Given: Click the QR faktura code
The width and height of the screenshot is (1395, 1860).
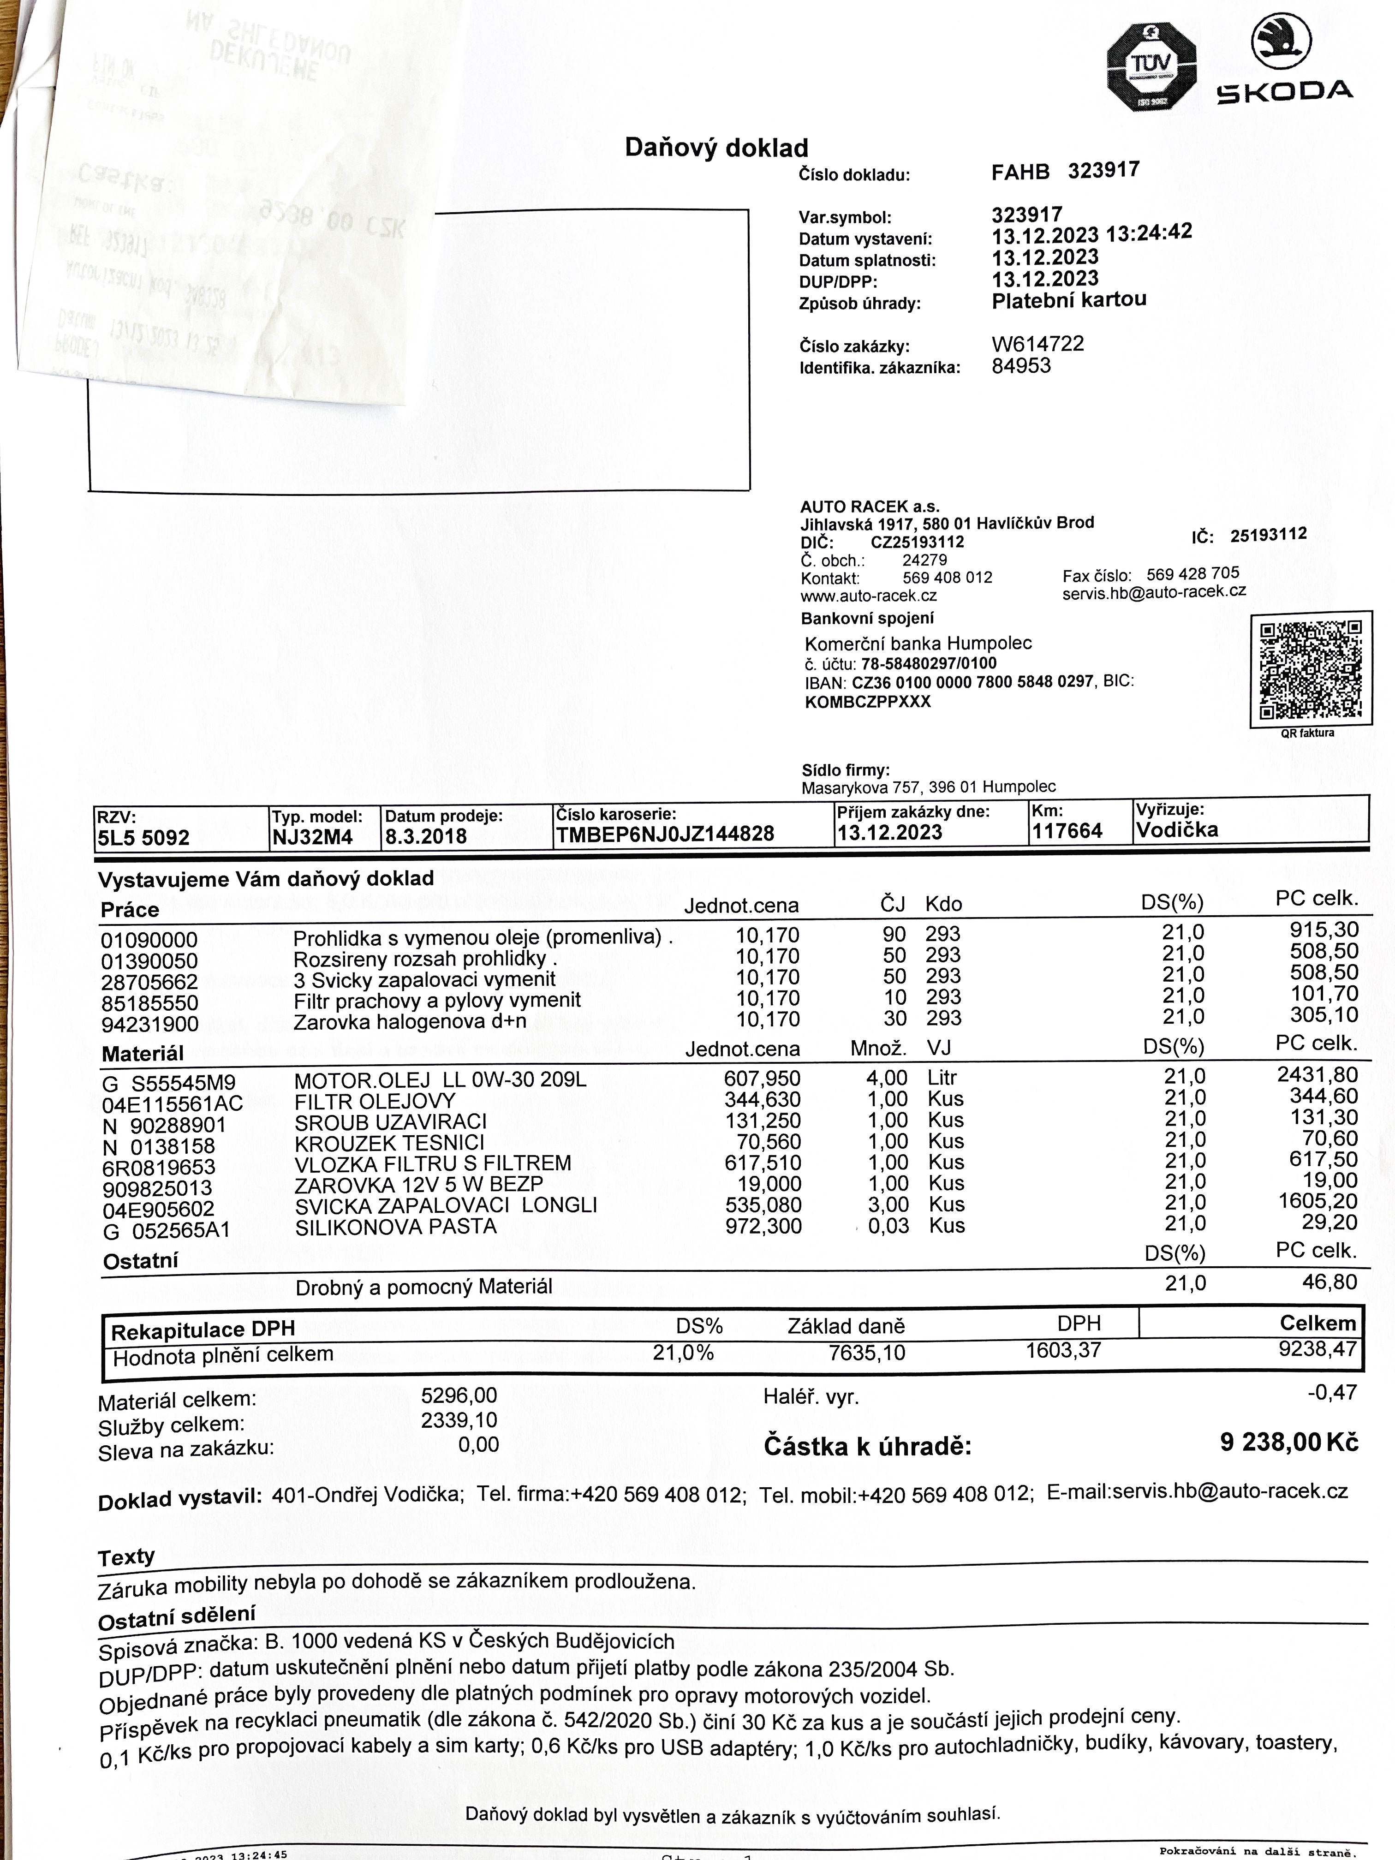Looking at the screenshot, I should pos(1310,668).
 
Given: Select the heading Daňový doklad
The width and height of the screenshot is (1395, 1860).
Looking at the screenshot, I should pos(716,148).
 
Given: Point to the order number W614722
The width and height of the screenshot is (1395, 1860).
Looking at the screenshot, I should pos(1037,344).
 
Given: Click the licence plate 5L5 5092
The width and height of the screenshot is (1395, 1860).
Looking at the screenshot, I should pos(143,837).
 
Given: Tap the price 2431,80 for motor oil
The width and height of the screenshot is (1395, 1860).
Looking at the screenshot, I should pos(1318,1075).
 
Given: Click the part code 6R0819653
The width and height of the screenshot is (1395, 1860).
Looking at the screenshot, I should pos(159,1167).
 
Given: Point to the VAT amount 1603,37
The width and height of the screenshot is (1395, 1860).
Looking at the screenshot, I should pos(1063,1350).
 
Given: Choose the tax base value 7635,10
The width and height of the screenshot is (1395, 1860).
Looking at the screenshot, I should pos(867,1353).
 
